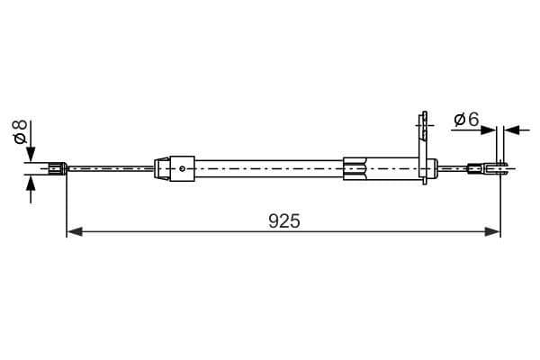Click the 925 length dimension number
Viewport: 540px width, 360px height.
pyautogui.click(x=284, y=220)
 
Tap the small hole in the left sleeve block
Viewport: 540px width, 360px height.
pyautogui.click(x=182, y=167)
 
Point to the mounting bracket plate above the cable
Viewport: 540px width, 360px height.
pyautogui.click(x=419, y=135)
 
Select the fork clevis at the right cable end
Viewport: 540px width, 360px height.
pyautogui.click(x=499, y=166)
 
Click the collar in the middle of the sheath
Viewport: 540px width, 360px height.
pyautogui.click(x=356, y=166)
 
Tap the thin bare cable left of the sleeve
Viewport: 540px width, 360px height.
pyautogui.click(x=112, y=167)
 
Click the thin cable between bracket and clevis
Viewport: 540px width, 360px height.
pyautogui.click(x=454, y=166)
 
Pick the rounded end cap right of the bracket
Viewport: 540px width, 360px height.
pyautogui.click(x=434, y=166)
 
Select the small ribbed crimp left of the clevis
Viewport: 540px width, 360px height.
pyautogui.click(x=474, y=166)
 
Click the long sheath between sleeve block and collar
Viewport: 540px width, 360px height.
pyautogui.click(x=270, y=166)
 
